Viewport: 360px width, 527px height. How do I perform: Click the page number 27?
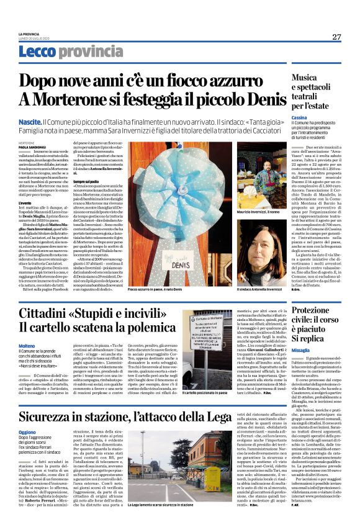336,37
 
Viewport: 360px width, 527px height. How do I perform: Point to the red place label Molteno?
27,346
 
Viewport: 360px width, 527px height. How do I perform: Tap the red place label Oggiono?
27,431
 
